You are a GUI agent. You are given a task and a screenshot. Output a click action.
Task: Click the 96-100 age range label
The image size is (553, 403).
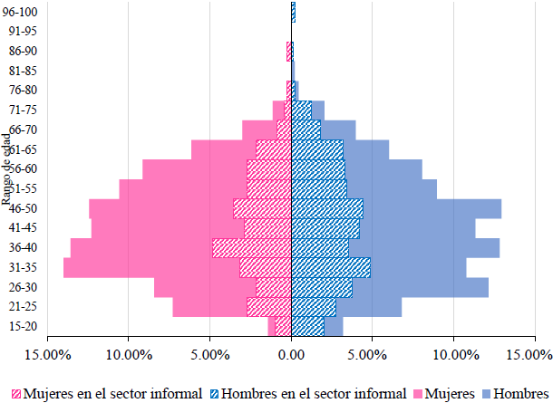coord(19,11)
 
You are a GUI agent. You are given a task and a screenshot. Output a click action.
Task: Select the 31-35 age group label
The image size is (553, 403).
coord(19,267)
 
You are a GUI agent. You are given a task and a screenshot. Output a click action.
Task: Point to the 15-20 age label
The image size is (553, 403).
coord(19,327)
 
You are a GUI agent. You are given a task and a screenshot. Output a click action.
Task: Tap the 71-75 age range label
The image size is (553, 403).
coord(19,110)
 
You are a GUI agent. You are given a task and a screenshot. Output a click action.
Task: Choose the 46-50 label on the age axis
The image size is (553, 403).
coord(19,208)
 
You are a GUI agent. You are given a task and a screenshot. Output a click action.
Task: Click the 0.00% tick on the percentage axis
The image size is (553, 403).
coord(291,354)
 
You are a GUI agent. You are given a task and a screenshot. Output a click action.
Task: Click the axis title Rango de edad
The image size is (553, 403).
coord(7,170)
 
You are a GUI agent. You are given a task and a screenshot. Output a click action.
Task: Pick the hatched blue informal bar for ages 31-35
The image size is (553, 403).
coord(331,268)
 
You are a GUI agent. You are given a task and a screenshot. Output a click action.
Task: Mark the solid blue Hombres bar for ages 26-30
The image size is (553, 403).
coord(421,288)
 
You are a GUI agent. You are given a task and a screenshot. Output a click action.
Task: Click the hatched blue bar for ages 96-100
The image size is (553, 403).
coord(294,11)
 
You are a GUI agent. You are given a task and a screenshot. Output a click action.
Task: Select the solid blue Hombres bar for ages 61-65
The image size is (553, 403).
coord(366,149)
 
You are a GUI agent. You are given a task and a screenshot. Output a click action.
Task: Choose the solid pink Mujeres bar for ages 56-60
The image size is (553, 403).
coord(194,169)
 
